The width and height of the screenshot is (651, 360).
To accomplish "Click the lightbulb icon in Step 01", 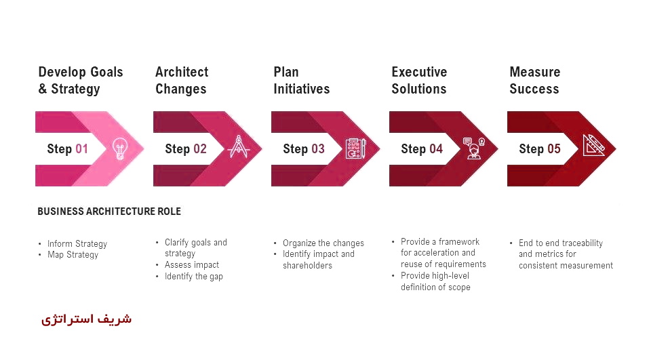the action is (120, 148).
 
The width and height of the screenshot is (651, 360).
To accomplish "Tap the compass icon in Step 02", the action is (239, 146).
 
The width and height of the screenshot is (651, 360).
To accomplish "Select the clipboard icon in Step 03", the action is (356, 148).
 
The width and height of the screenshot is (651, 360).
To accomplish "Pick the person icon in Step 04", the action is (474, 148).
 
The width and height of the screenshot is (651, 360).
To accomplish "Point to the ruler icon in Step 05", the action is (593, 145).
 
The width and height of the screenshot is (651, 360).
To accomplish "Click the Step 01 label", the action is (67, 148).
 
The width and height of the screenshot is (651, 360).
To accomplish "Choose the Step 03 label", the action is (304, 148).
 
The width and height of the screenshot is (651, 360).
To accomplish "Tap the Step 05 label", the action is (539, 148).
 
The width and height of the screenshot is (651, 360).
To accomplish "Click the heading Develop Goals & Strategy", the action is (81, 80).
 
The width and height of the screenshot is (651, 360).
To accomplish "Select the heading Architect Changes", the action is (182, 80).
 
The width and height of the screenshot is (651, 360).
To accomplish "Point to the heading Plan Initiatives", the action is (301, 80).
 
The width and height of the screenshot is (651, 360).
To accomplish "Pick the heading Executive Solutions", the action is (419, 80).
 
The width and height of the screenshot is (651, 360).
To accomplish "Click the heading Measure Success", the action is (535, 80).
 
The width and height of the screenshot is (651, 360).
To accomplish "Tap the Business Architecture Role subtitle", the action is (109, 212).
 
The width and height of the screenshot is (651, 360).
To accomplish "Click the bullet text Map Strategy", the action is (73, 254).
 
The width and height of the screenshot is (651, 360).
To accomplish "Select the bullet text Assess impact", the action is (192, 265).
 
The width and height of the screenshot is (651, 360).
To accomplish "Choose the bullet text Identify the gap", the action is (194, 277).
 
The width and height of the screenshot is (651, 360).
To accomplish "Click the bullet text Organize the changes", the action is (323, 243).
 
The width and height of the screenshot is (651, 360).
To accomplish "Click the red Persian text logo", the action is (86, 319).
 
